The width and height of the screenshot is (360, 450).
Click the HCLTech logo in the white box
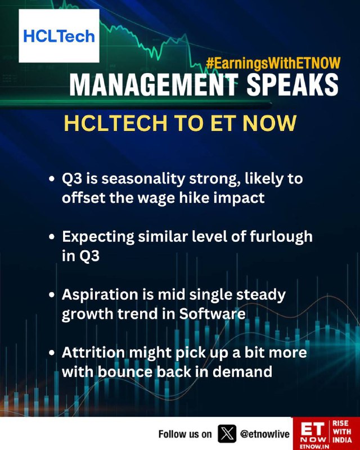[59, 36]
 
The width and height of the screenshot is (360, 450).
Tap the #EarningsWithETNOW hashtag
[273, 63]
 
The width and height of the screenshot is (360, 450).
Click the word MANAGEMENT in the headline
[154, 85]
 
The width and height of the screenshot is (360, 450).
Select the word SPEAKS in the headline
[292, 85]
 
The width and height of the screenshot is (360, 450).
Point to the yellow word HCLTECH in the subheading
[116, 123]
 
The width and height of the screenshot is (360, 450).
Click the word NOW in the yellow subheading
[269, 123]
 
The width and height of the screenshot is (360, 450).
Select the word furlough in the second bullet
[281, 237]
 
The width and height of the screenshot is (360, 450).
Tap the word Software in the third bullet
[213, 314]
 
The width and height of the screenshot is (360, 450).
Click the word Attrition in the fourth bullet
[93, 353]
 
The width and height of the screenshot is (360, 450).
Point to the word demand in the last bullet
[242, 372]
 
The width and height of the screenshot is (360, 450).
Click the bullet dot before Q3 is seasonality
[52, 179]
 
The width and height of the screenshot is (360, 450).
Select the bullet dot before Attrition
[52, 353]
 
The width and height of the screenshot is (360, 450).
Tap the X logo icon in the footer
[227, 434]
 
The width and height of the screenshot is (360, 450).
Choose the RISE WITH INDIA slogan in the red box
[342, 431]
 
